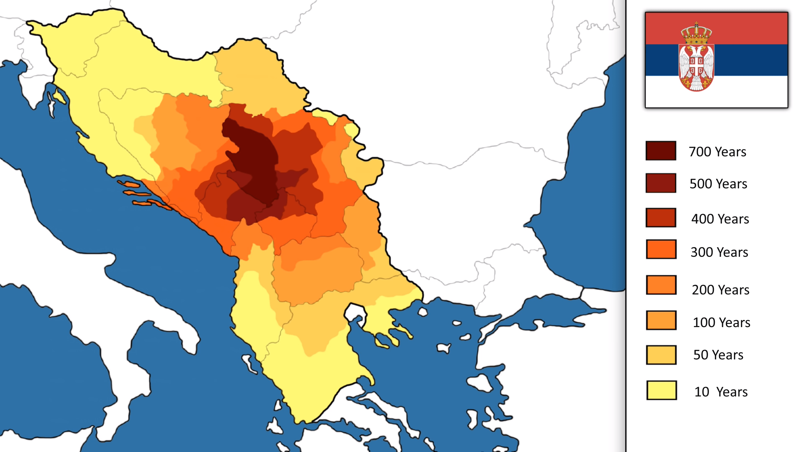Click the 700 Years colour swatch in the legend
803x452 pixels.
click(661, 151)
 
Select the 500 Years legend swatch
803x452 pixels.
click(661, 183)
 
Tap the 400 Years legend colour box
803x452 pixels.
click(661, 218)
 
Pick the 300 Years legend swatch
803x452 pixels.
click(661, 249)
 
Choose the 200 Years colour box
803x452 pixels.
click(661, 285)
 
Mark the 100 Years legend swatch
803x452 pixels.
click(661, 320)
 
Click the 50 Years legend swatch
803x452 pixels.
click(661, 355)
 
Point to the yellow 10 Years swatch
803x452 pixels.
click(661, 390)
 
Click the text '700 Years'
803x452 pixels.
click(717, 152)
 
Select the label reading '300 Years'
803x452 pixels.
click(719, 252)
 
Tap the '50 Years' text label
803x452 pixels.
click(718, 355)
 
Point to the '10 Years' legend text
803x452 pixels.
click(721, 392)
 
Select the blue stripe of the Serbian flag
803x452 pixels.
click(753, 60)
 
